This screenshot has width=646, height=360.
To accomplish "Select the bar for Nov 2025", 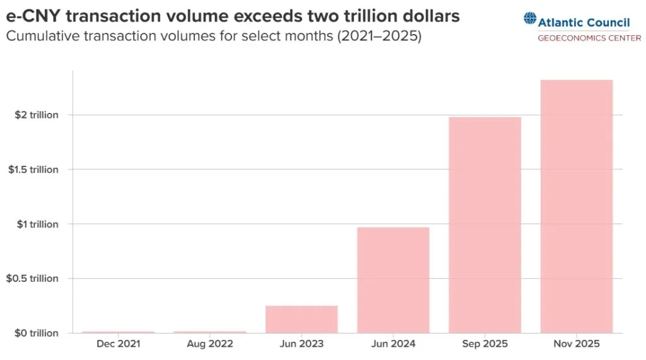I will [x=577, y=206].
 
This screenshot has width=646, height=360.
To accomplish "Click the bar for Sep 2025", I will [x=485, y=224].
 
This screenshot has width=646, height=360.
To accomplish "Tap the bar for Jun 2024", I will [x=393, y=279].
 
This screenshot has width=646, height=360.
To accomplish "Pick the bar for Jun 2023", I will [x=302, y=319].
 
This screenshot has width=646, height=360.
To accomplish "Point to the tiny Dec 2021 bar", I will [x=119, y=332].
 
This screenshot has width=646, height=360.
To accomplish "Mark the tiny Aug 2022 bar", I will [x=210, y=332].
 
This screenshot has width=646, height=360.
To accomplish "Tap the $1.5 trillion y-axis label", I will [x=33, y=170].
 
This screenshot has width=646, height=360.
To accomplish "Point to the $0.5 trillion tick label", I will [x=33, y=279].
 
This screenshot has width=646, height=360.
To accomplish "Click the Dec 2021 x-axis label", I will [x=119, y=344].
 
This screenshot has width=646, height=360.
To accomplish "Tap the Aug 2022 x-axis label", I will [x=210, y=344].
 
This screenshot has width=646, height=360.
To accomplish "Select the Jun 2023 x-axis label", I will [x=302, y=344].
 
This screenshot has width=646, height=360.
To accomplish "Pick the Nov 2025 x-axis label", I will [x=577, y=344].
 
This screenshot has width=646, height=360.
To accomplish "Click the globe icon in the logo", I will [x=529, y=20].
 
